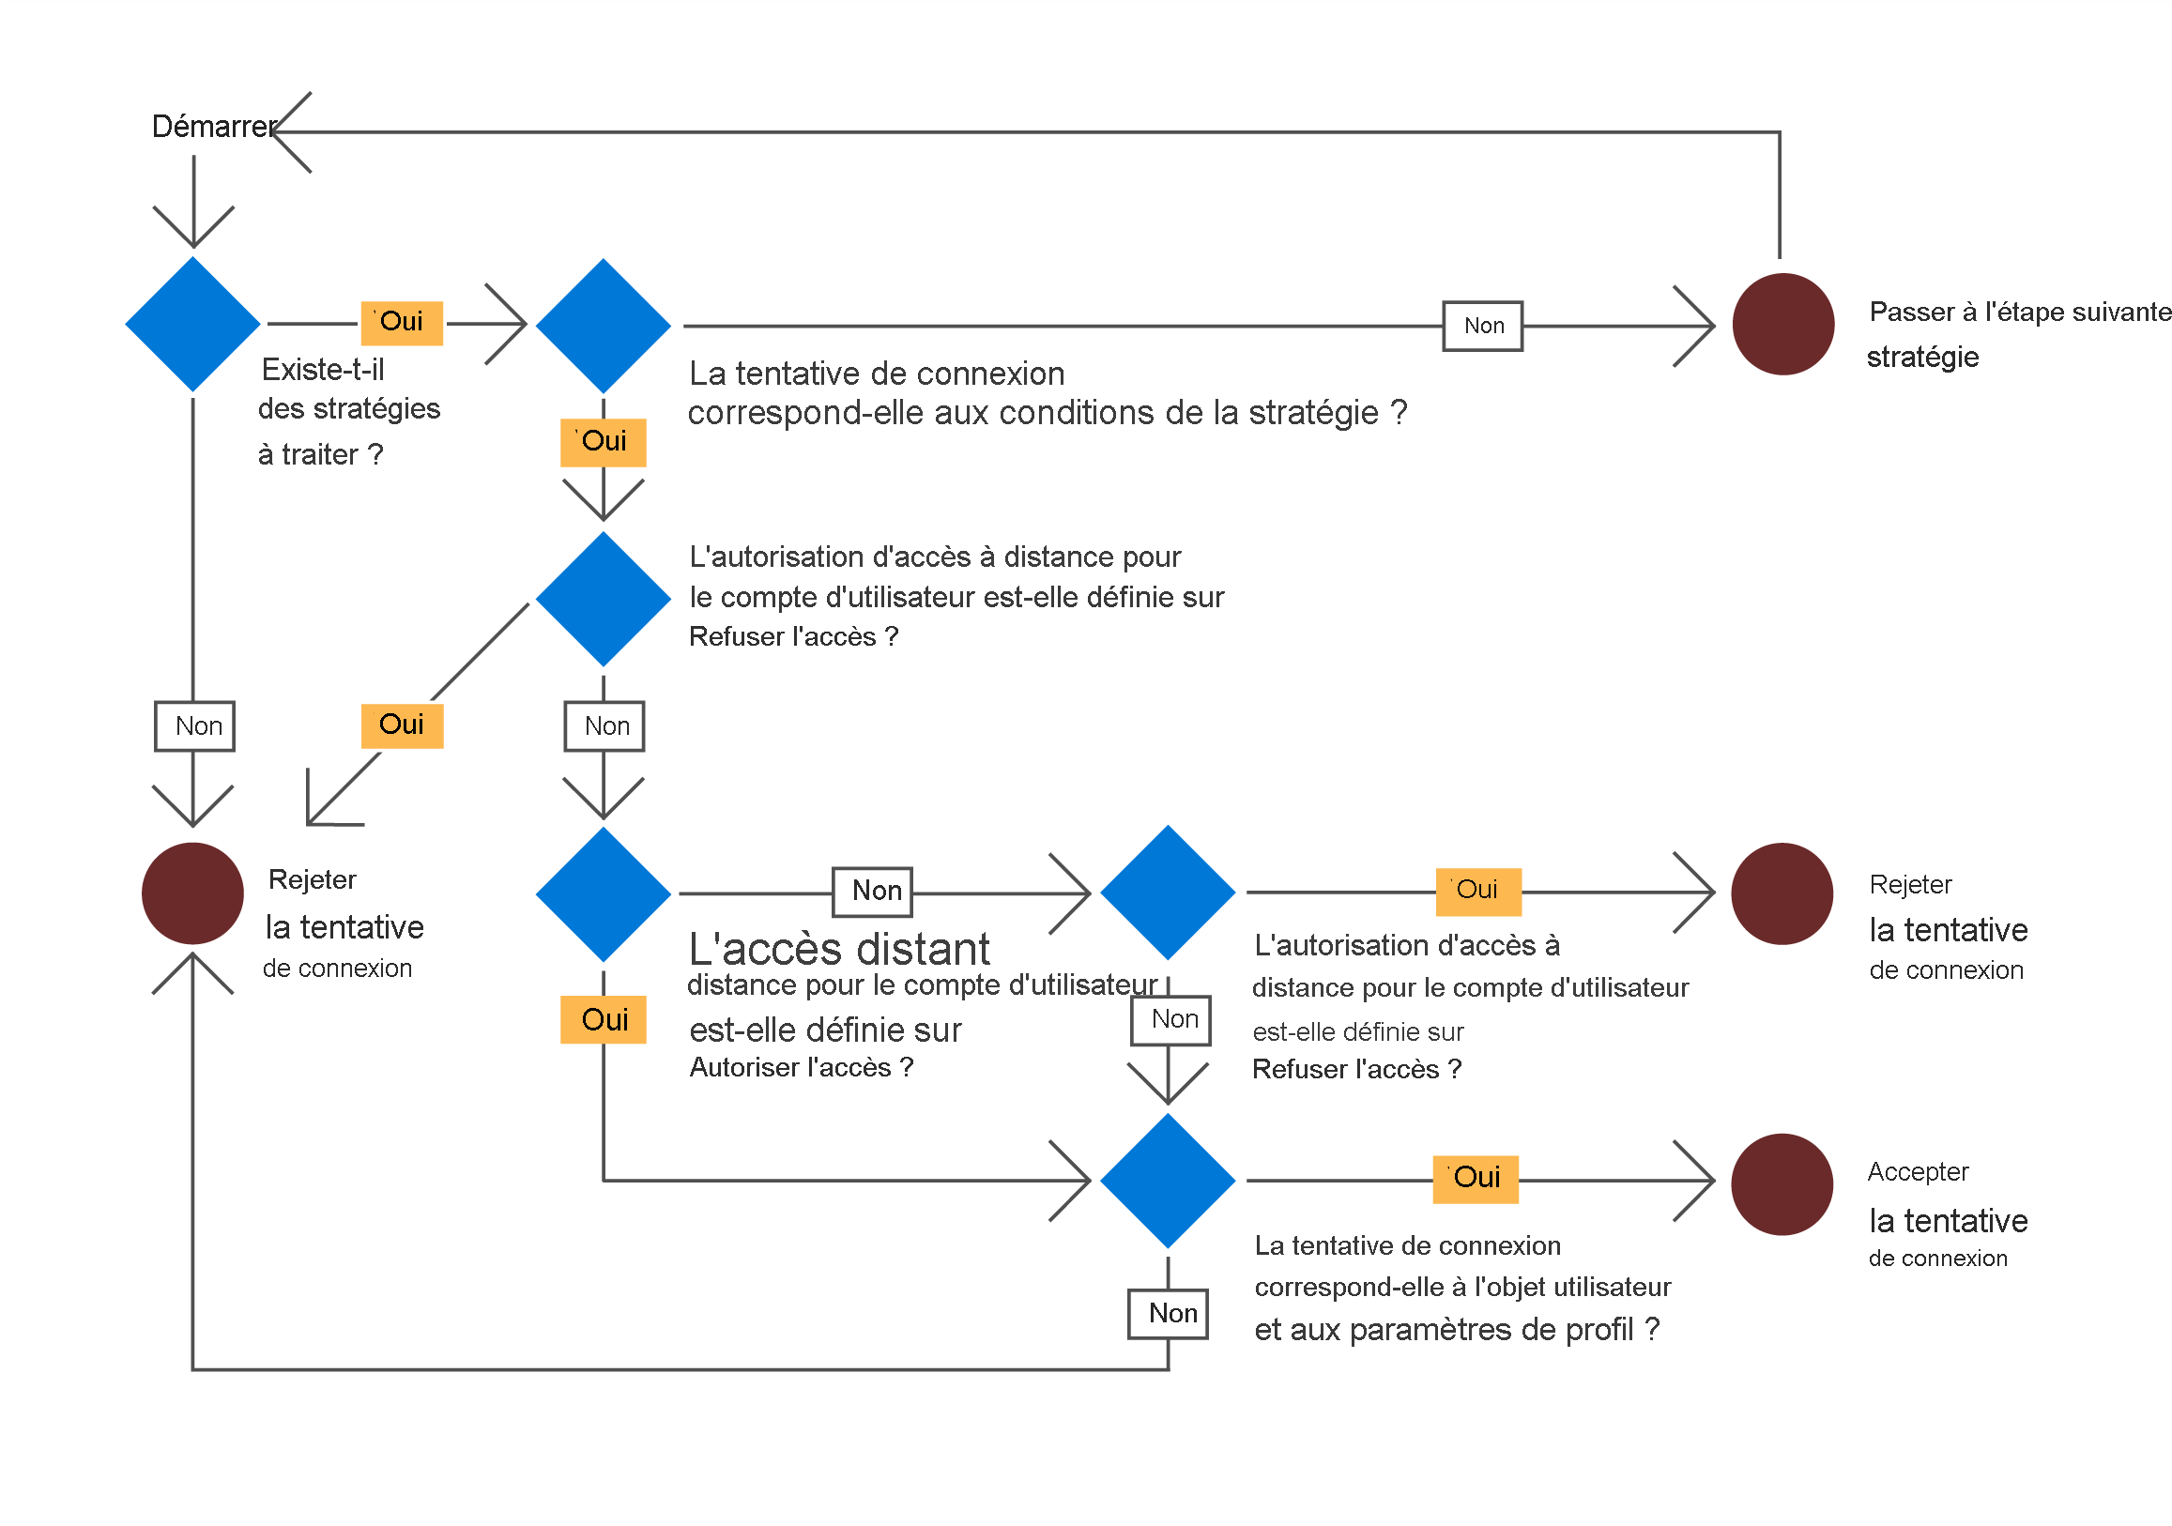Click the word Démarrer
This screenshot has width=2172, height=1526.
[x=214, y=126]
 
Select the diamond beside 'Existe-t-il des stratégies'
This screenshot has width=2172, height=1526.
[x=193, y=325]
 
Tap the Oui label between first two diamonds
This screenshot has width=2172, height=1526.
[x=402, y=323]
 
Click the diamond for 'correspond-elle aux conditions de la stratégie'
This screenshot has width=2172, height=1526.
[x=604, y=327]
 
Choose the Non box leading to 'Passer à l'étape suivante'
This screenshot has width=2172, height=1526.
[x=1482, y=327]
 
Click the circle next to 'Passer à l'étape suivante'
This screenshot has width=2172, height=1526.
[x=1783, y=325]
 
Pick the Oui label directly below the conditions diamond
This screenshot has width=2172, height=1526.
[x=604, y=442]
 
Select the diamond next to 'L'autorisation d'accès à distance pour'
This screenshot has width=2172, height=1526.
[x=604, y=599]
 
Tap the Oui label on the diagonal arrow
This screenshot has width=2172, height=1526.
[x=402, y=725]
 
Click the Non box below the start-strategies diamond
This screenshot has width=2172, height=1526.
[x=195, y=726]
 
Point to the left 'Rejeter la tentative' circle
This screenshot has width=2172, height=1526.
[x=193, y=894]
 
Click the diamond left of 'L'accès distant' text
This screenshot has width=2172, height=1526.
[x=604, y=895]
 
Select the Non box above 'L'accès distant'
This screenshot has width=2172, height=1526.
[x=872, y=892]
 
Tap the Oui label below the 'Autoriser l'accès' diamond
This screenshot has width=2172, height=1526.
[x=604, y=1020]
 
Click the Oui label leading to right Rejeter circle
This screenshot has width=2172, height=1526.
[x=1477, y=892]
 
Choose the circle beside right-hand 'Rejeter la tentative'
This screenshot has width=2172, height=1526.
[x=1782, y=894]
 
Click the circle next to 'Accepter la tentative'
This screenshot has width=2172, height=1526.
[x=1782, y=1184]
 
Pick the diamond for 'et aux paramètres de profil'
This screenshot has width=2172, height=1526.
[x=1169, y=1181]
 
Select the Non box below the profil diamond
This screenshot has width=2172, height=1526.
[x=1169, y=1314]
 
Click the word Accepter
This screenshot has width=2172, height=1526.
[x=1918, y=1172]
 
